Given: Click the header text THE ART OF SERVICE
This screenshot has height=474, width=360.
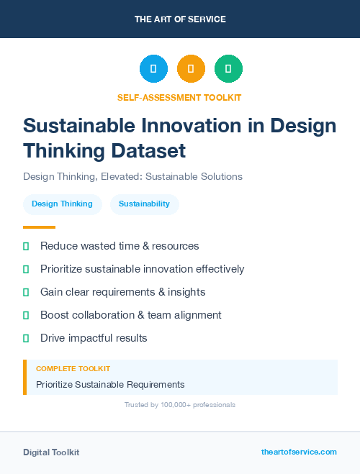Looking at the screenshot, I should tap(180, 19).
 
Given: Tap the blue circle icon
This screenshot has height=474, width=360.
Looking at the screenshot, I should tap(153, 68).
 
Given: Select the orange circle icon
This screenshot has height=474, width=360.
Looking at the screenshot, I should tap(191, 68).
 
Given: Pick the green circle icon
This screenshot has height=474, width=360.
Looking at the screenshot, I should tap(228, 68).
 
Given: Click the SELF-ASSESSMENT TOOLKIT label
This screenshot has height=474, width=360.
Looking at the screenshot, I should tap(179, 97).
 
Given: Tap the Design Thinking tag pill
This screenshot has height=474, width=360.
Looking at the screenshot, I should tap(62, 204).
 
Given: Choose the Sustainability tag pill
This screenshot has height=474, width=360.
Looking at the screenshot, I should tap(144, 204).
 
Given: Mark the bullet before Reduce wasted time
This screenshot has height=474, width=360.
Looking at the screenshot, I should tap(26, 246).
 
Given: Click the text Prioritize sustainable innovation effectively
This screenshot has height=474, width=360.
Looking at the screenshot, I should tap(143, 269).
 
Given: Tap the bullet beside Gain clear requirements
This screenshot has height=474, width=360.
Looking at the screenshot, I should tap(26, 292).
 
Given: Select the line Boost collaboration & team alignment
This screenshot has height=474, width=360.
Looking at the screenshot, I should tap(130, 315).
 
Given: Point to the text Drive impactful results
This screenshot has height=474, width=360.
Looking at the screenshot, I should tap(94, 338).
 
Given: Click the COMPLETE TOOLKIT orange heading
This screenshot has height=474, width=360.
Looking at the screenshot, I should tap(73, 369).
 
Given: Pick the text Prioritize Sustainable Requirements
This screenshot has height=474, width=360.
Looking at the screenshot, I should tap(110, 385).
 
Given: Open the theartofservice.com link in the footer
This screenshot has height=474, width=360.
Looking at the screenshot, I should tap(299, 452).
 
